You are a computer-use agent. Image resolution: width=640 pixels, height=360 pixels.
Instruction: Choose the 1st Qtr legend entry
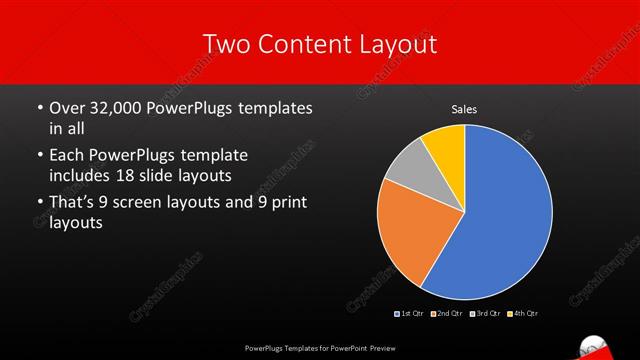[x=409, y=314]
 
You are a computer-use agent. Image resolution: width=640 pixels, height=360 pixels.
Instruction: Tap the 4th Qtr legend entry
[x=522, y=314]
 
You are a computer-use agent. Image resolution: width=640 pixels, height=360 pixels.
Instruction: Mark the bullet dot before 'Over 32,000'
[x=39, y=108]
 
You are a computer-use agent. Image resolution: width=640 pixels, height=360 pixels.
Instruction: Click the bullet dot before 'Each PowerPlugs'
[x=39, y=157]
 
